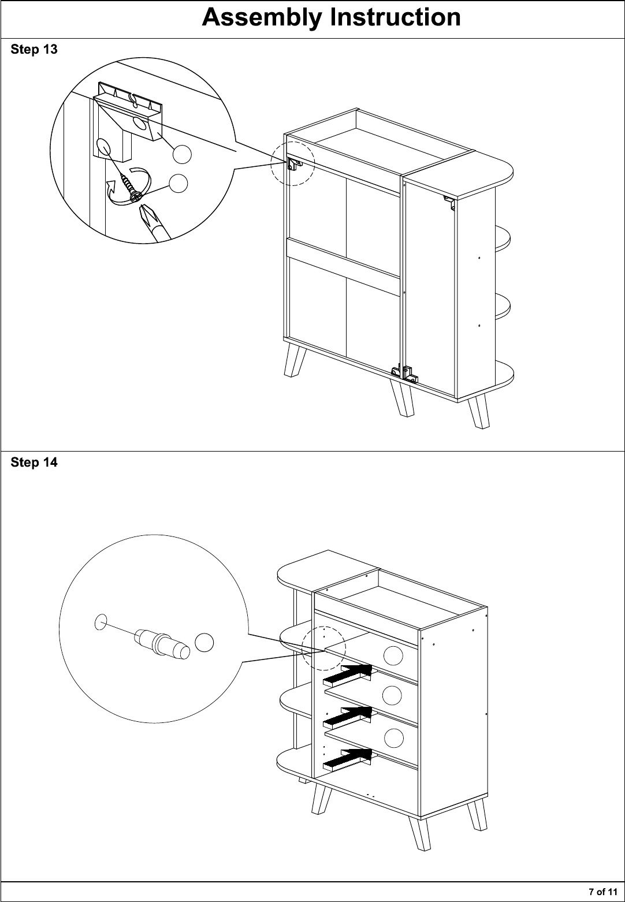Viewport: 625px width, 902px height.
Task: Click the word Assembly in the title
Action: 262,18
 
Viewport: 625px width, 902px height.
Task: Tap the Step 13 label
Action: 34,50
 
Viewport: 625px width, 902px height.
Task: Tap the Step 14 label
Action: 34,463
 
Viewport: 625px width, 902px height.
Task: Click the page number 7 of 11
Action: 603,892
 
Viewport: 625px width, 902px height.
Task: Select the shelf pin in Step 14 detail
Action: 162,644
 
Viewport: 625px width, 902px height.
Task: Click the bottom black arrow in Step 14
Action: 347,759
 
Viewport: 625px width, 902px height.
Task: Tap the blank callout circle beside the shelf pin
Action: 204,642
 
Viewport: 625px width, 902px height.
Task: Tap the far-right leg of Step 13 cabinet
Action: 479,412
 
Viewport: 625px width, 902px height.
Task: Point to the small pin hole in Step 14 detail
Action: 101,622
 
